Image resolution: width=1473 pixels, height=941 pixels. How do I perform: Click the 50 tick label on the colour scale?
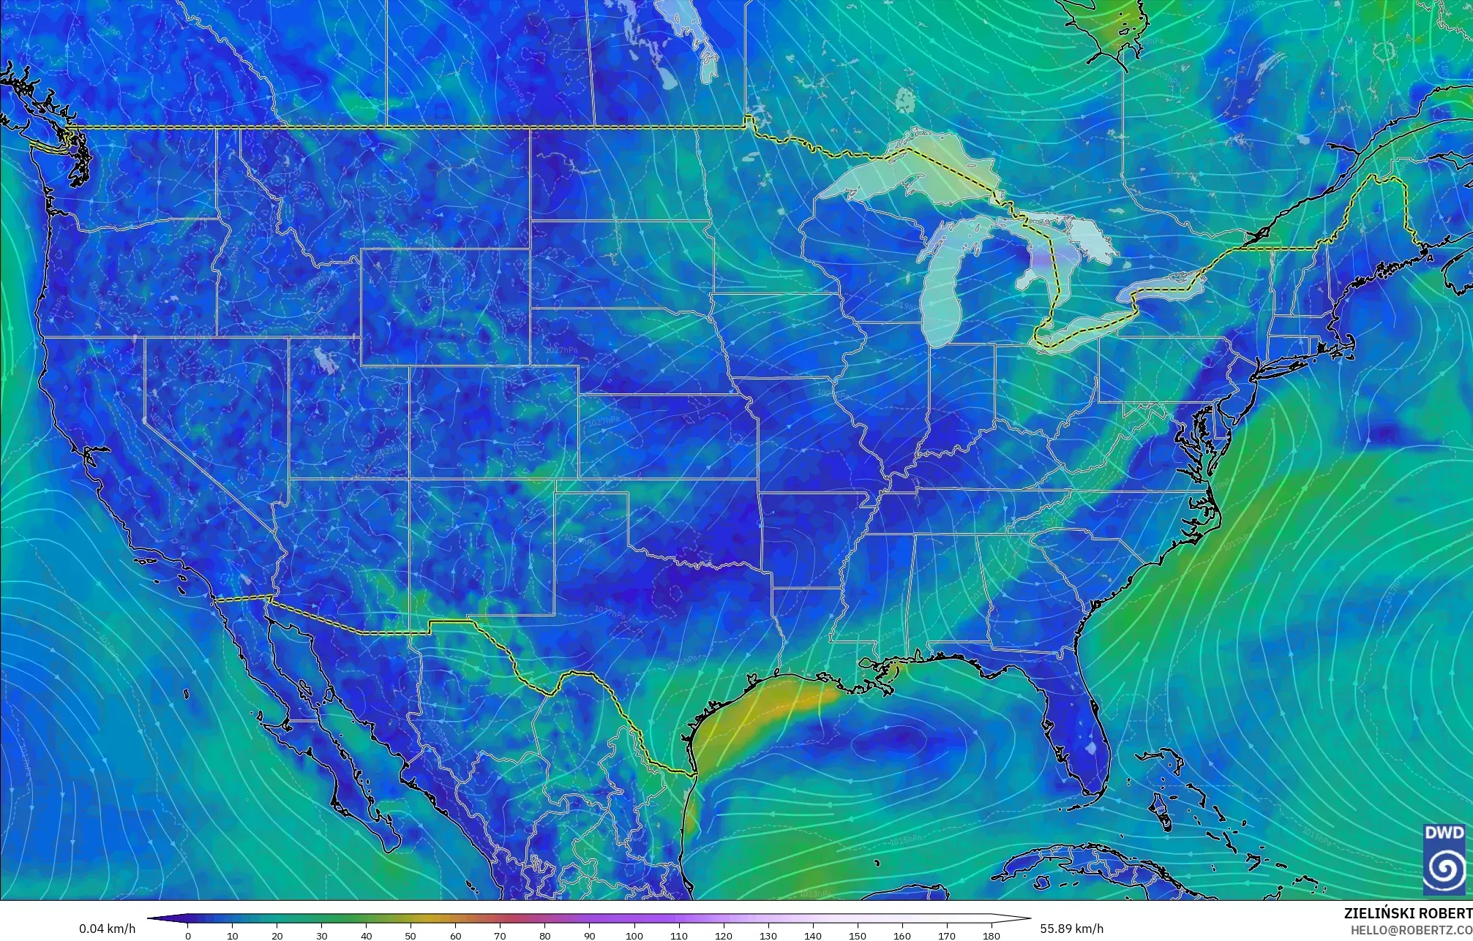pos(411,936)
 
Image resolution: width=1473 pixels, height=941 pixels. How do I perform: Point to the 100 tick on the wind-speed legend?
pos(634,936)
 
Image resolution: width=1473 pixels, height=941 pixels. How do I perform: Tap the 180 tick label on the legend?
pos(991,936)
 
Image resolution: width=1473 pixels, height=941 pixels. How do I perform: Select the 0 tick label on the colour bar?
pos(188,936)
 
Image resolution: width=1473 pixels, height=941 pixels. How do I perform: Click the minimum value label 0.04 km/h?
pos(107,929)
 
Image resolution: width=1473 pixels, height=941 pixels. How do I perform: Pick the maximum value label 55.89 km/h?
pos(1071,929)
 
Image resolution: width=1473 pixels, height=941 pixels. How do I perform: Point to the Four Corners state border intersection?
pos(408,479)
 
